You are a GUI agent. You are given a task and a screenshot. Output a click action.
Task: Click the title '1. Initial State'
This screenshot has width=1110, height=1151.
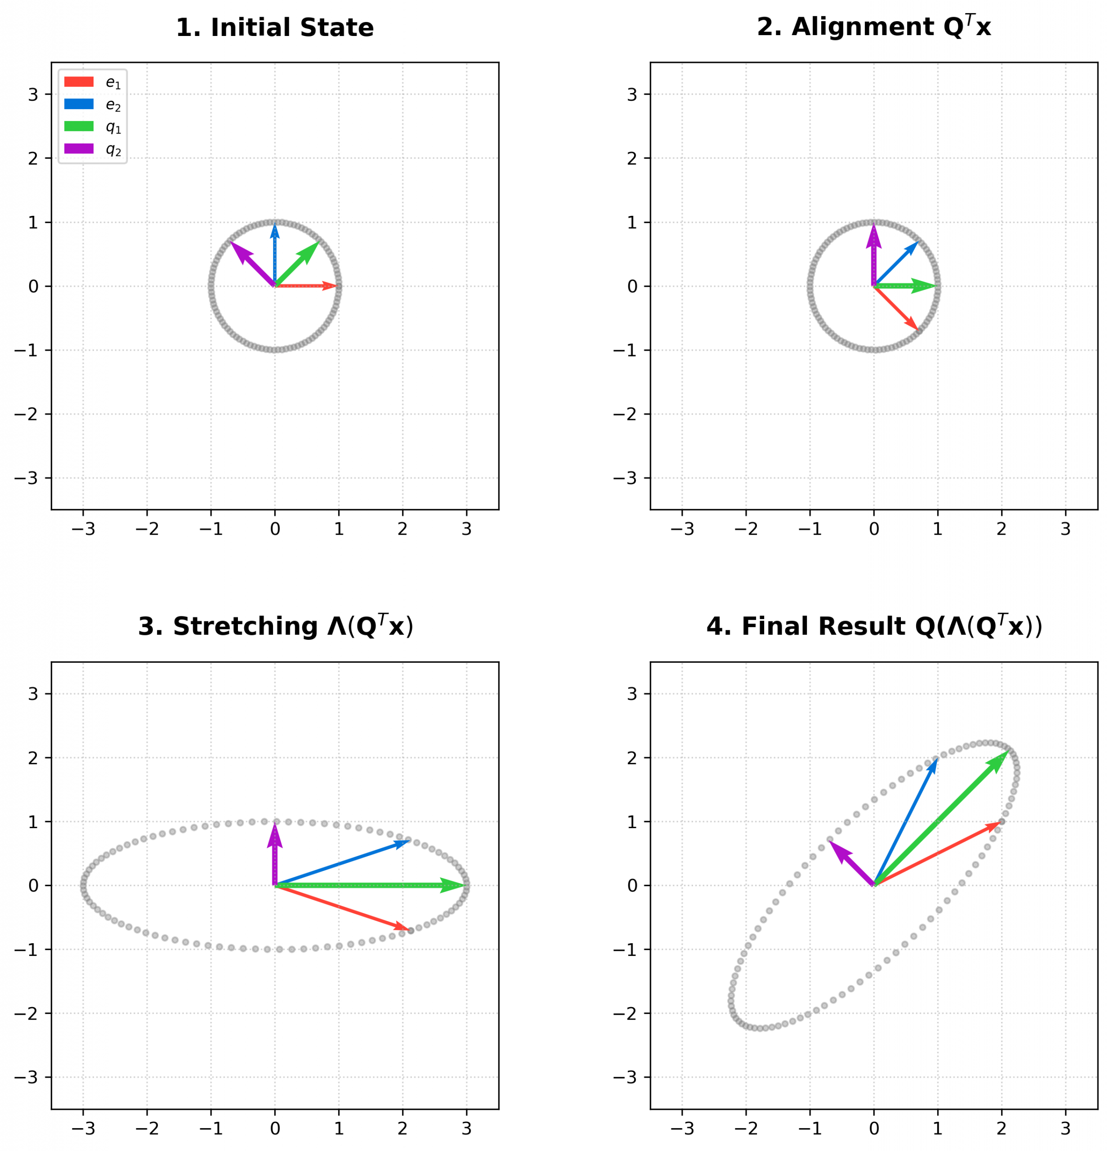[275, 27]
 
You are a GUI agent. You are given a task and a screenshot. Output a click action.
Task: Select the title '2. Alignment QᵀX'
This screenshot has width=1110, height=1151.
[873, 27]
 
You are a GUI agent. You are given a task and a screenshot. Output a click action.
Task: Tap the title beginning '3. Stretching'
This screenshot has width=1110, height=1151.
[275, 627]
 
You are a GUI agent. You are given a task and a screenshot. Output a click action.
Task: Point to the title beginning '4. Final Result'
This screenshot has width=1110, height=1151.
[874, 627]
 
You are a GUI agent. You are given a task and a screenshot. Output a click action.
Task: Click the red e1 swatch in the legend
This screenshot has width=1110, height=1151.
[79, 82]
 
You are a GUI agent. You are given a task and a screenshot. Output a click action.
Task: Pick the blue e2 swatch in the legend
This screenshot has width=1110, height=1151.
[79, 104]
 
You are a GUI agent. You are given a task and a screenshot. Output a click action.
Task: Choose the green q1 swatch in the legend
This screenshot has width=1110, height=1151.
[79, 127]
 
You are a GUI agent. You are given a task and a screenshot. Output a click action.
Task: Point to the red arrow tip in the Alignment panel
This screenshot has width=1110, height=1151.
[918, 330]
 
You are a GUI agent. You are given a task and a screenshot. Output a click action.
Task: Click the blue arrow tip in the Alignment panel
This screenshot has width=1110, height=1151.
[918, 242]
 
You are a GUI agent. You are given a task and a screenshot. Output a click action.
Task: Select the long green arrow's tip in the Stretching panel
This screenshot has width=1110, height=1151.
[466, 886]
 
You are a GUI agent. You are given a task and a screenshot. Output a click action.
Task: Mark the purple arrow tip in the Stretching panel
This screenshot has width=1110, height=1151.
[275, 823]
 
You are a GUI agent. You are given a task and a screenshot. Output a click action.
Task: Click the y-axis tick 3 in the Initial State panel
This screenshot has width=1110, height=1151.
[33, 94]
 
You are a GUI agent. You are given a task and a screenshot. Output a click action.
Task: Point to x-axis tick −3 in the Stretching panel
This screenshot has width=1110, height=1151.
[83, 1128]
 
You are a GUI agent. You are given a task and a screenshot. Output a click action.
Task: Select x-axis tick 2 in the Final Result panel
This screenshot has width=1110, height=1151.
[1001, 1128]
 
